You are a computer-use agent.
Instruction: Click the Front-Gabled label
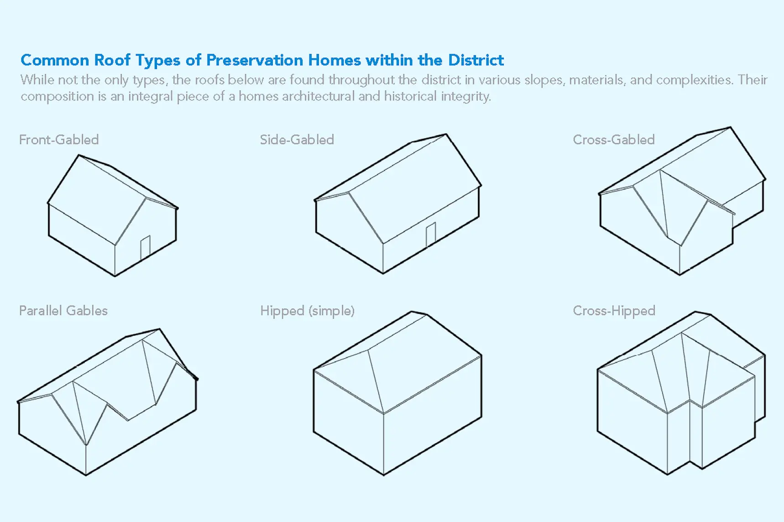pos(59,140)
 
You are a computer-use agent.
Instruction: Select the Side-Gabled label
pos(297,140)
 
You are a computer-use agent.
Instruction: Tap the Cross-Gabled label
pos(614,140)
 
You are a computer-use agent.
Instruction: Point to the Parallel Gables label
pos(63,311)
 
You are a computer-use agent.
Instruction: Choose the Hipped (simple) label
pos(308,311)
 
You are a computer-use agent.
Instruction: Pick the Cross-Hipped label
pos(614,311)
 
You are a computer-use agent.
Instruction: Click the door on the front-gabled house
pos(145,248)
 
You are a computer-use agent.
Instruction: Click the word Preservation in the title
pos(255,60)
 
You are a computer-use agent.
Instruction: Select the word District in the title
pos(476,60)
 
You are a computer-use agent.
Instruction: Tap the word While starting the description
pos(37,80)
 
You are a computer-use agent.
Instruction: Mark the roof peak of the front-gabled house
pos(79,155)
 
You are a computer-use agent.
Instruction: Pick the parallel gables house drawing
pos(108,402)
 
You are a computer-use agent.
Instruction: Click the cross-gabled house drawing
pos(682,201)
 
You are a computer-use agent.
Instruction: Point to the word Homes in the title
pos(335,60)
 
